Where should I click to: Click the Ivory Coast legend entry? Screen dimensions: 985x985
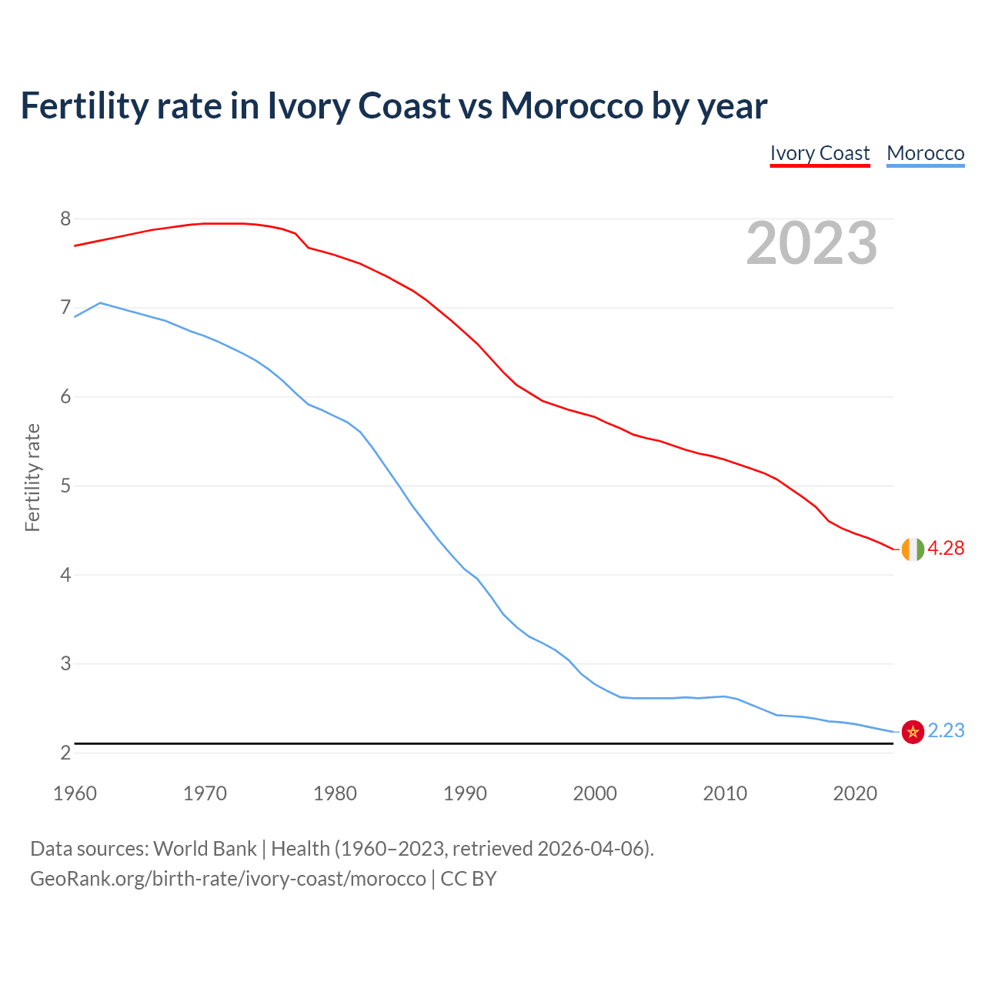coord(820,153)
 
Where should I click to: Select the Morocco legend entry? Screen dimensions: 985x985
coord(925,153)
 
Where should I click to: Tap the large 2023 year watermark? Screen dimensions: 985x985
coord(812,243)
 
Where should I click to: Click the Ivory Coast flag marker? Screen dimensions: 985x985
coord(912,549)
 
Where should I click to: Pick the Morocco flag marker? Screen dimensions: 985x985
coord(912,731)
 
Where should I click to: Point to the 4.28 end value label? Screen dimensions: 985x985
coord(946,548)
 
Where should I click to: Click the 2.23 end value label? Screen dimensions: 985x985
coord(946,730)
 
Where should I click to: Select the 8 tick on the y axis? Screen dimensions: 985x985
coord(65,219)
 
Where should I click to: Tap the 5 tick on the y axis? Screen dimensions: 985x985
coord(65,486)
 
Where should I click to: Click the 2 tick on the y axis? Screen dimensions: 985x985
coord(65,753)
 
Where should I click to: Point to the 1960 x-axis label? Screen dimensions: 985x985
coord(75,793)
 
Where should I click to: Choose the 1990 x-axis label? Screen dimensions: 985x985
coord(465,793)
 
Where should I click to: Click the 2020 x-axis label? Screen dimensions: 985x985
coord(855,793)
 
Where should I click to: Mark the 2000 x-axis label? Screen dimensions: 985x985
coord(595,793)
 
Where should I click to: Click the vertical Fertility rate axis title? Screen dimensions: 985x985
coord(32,477)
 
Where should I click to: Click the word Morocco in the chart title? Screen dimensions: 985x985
coord(571,105)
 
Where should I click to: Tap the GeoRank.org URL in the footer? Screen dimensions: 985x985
coord(228,878)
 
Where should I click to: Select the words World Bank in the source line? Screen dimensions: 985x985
coord(205,848)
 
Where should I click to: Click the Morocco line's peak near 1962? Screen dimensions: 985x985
coord(101,303)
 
